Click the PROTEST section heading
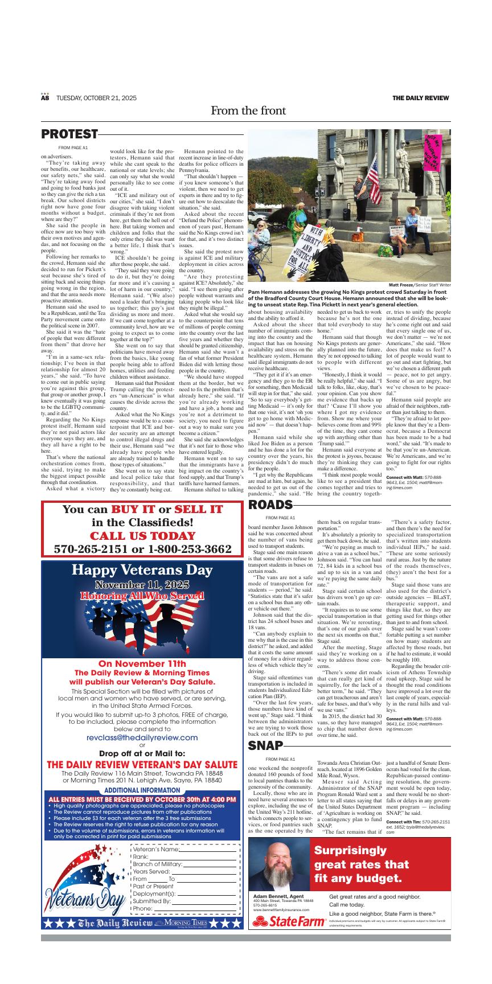point(69,134)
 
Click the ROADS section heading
point(270,505)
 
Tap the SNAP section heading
point(265,746)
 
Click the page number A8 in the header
point(45,98)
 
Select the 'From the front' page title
point(248,110)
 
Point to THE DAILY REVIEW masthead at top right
point(420,98)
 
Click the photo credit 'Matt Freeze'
point(401,285)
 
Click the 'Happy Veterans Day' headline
point(142,571)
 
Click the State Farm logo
point(288,922)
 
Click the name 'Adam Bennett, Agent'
point(278,896)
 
